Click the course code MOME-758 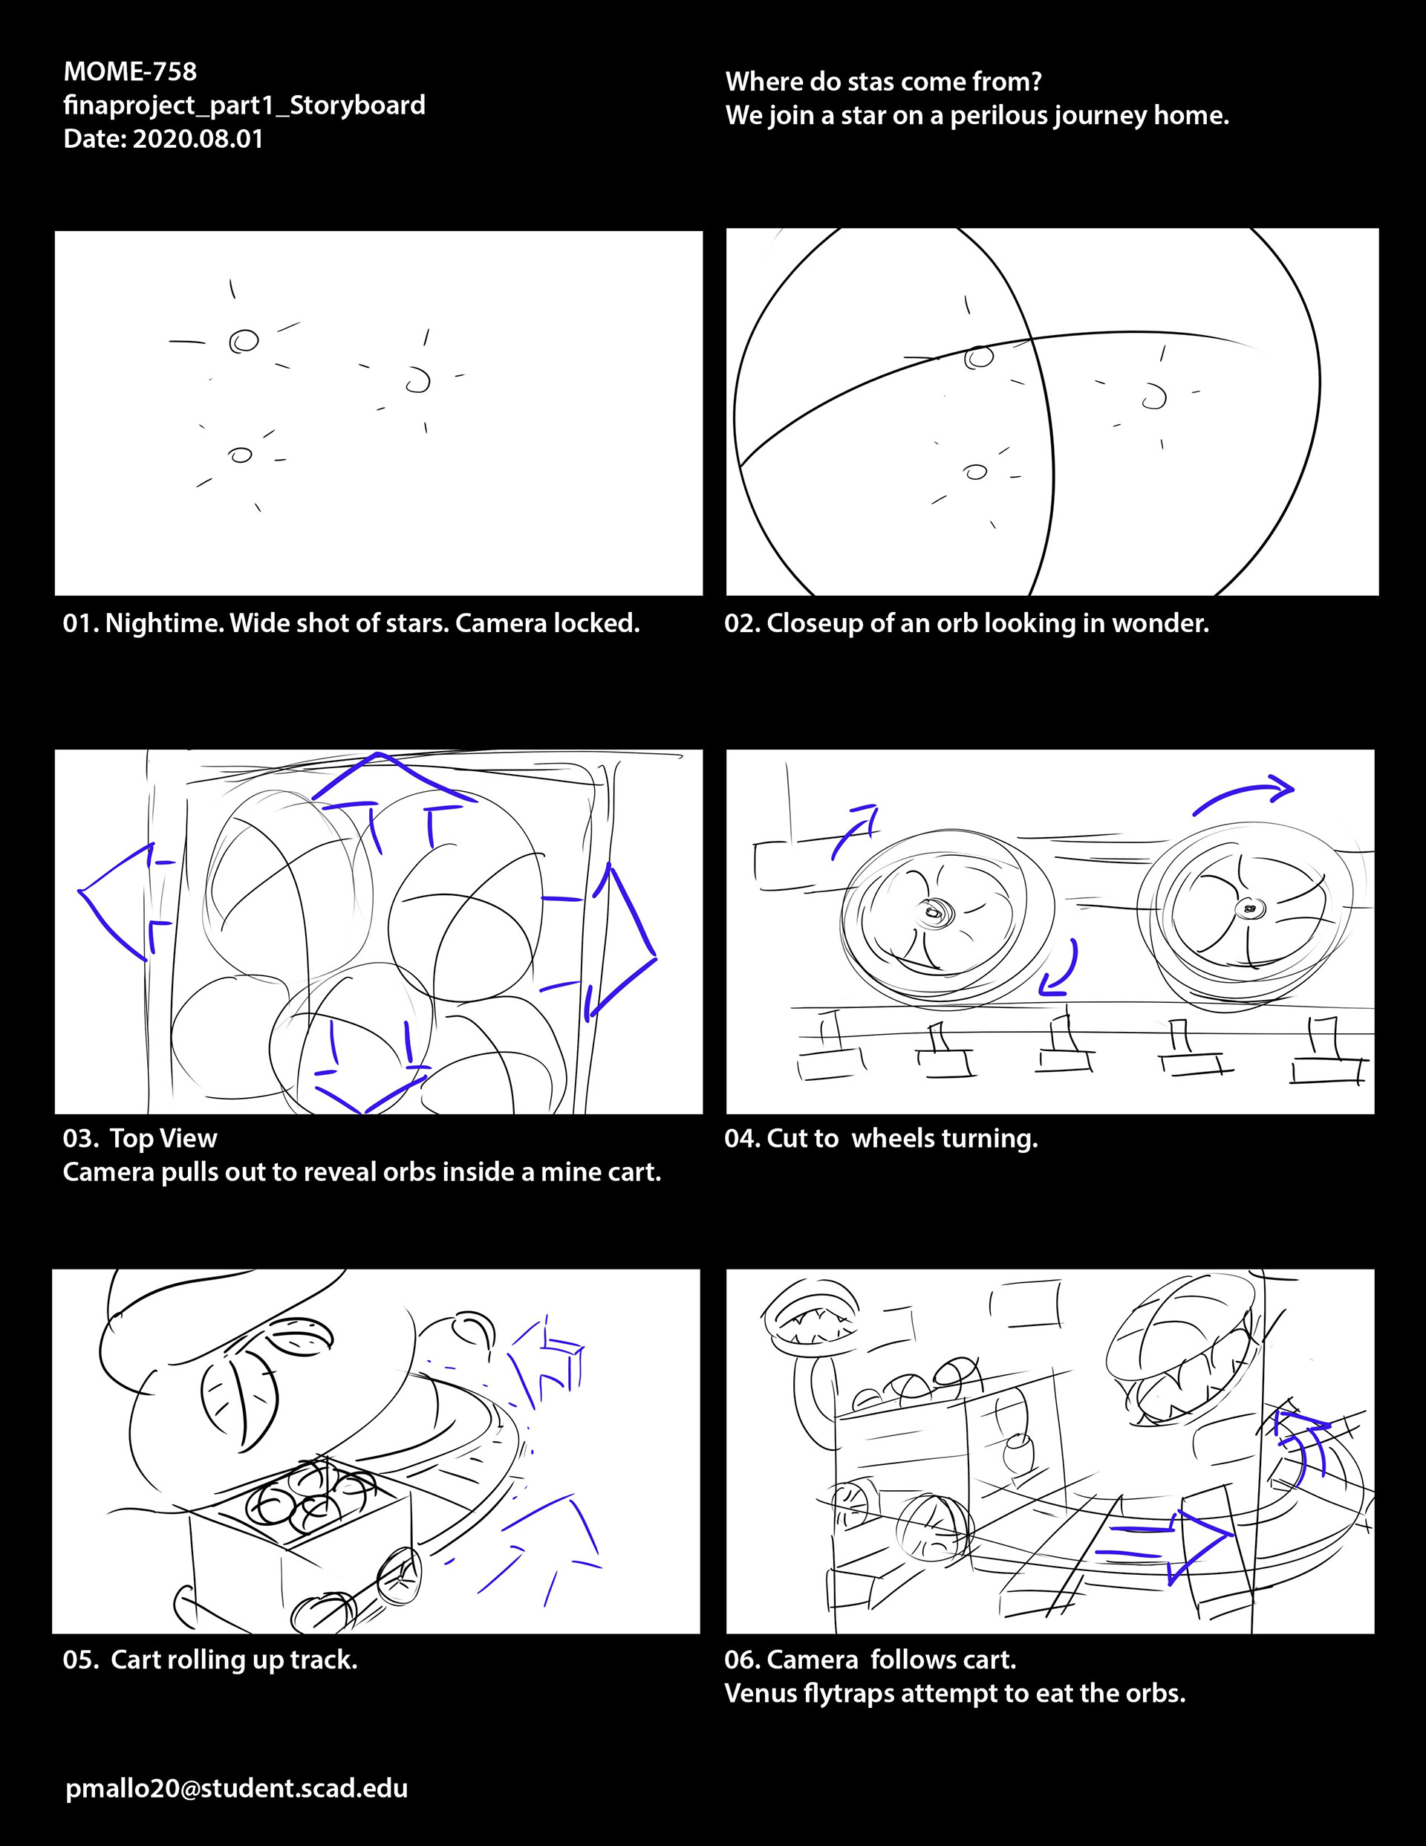coord(130,72)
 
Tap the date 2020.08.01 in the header coord(198,139)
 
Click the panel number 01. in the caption coord(81,623)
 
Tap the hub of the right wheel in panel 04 coord(1248,909)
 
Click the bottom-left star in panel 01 coord(241,455)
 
